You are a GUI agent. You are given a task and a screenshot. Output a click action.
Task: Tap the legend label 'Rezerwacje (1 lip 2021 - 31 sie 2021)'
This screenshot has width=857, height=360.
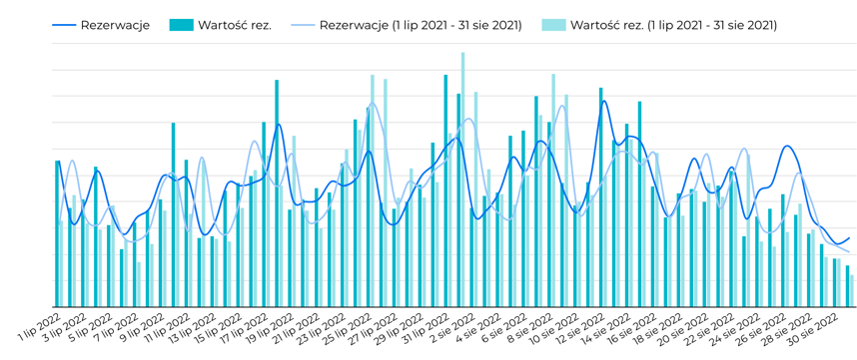tap(421, 25)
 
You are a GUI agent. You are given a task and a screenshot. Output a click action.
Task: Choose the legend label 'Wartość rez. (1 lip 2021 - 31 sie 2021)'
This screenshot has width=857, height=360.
tap(673, 25)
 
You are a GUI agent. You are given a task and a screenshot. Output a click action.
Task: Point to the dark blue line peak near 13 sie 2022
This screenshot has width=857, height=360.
tap(603, 102)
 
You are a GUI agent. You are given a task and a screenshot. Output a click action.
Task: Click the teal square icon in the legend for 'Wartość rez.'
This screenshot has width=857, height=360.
tap(181, 25)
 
